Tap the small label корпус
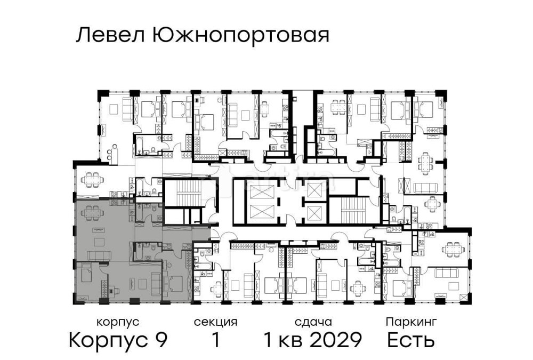pos(118,322)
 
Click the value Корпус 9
pos(118,340)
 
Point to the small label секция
pos(215,322)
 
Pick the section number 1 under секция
pos(215,340)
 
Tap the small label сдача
pos(313,322)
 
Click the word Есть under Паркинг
pos(411,340)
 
